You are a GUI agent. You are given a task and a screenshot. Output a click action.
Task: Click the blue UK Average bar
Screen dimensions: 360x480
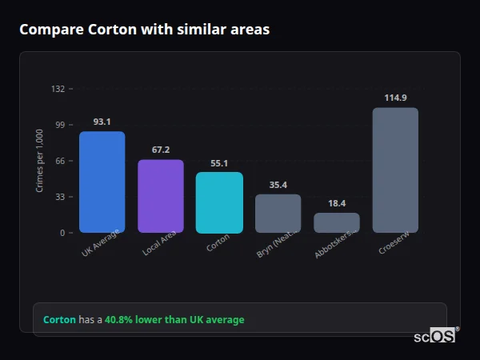[102, 182]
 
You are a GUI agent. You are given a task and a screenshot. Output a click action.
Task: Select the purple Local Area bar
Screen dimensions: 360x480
[161, 196]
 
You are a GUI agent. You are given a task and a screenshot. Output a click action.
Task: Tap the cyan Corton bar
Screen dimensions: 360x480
[219, 202]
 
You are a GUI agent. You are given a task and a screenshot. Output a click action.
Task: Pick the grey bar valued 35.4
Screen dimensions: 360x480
[278, 214]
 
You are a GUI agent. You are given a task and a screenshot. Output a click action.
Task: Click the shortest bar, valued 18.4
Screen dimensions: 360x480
[337, 222]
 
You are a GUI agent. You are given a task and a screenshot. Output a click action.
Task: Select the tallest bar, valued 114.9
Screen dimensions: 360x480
[395, 170]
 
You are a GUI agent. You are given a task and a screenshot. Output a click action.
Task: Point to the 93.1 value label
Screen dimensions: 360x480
[102, 122]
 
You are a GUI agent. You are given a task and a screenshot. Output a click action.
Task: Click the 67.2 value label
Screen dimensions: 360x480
[161, 150]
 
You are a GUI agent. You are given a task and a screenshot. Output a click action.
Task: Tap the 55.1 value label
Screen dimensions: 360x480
[219, 163]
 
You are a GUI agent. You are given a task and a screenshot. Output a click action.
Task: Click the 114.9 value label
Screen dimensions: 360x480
[395, 98]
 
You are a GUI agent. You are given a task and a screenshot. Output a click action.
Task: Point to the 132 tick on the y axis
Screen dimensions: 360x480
[58, 89]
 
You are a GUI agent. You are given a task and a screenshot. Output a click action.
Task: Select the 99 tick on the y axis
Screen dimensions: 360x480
[59, 125]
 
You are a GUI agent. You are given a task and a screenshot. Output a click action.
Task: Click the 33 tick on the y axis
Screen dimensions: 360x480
[59, 197]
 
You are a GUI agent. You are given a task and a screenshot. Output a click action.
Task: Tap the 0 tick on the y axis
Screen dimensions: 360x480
[62, 233]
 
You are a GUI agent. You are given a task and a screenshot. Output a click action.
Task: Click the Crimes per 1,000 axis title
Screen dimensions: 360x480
[39, 161]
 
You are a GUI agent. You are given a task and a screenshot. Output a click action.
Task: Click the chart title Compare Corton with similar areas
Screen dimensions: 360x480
[144, 30]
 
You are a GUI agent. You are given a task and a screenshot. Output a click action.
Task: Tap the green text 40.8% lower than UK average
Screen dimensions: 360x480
[174, 320]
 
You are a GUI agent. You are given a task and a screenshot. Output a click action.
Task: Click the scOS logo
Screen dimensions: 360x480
[434, 337]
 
